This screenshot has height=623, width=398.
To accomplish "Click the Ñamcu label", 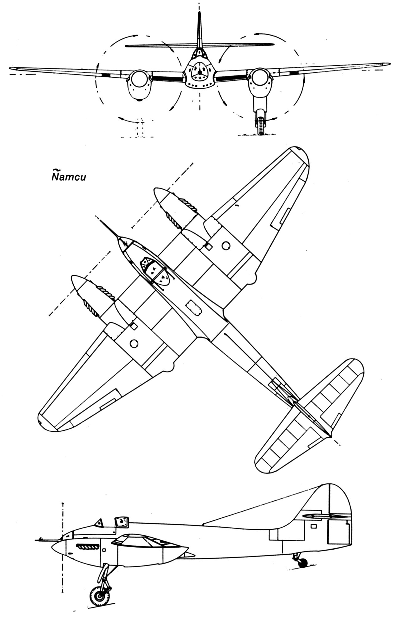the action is [68, 176].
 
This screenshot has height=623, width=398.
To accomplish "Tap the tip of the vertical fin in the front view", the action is [199, 12].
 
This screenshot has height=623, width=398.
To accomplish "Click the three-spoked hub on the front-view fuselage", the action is [199, 71].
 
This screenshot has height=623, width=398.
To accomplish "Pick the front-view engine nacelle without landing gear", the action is [138, 84].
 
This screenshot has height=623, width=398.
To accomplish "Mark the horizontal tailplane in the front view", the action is [199, 45].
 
